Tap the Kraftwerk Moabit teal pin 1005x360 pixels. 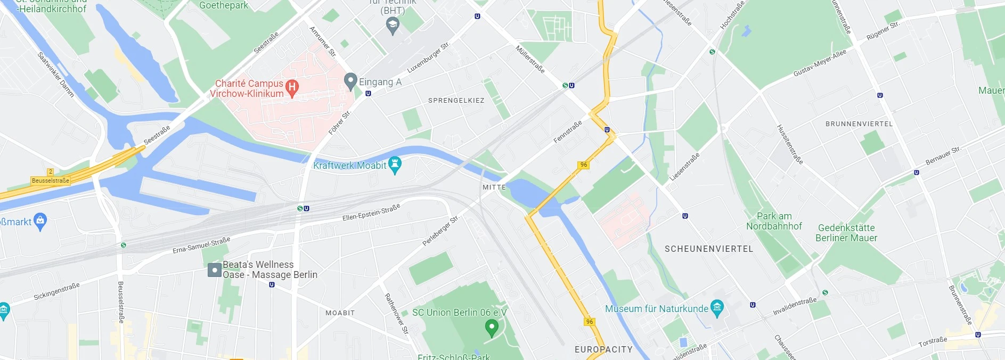tap(395, 164)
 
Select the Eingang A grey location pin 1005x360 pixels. tap(350, 81)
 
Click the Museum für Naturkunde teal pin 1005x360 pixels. tap(717, 307)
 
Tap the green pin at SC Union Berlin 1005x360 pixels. tap(492, 327)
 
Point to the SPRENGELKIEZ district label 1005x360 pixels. tap(456, 100)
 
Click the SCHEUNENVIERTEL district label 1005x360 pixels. tap(708, 249)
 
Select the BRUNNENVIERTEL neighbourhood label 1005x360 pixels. tap(859, 124)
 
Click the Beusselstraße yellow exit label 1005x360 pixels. tap(51, 181)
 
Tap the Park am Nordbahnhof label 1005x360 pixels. tap(774, 221)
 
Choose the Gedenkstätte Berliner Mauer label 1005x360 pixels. tap(846, 233)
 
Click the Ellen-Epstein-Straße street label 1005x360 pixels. tap(371, 212)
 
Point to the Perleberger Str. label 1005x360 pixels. tap(440, 231)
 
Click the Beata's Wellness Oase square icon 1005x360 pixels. tap(214, 270)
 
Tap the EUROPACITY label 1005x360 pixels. tap(603, 349)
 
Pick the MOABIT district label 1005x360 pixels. tap(340, 313)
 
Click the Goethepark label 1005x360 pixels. tap(223, 5)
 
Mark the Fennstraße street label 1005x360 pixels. tap(567, 132)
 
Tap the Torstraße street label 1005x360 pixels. tap(933, 341)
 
